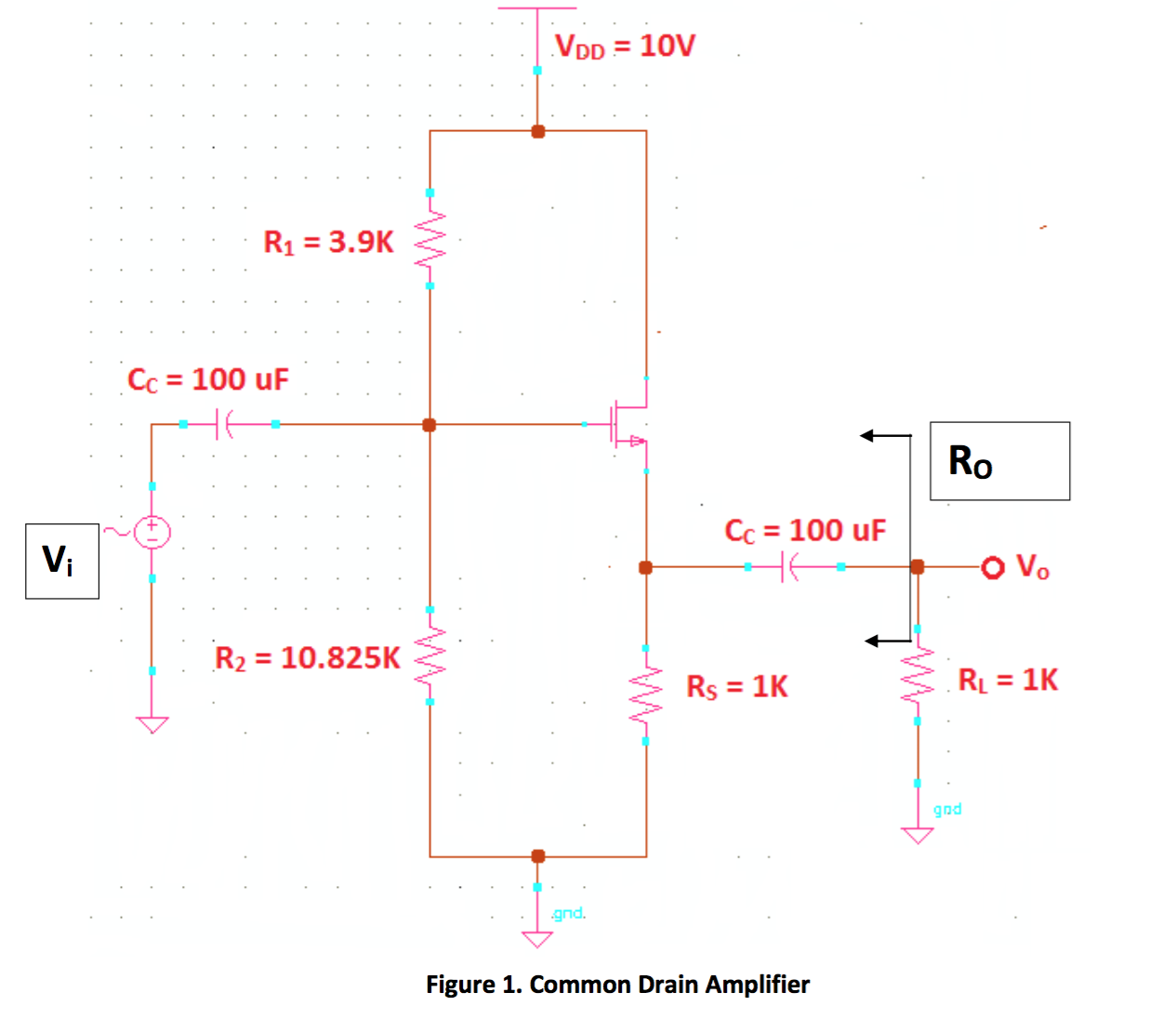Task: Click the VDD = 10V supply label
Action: pyautogui.click(x=624, y=46)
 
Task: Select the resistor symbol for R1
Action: pyautogui.click(x=429, y=239)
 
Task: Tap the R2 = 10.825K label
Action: pyautogui.click(x=307, y=658)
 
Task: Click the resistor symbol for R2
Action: pyautogui.click(x=429, y=655)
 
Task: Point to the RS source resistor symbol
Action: pyautogui.click(x=646, y=695)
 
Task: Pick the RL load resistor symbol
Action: pyautogui.click(x=918, y=675)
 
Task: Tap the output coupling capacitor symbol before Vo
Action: pyautogui.click(x=788, y=566)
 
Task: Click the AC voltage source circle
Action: pyautogui.click(x=152, y=532)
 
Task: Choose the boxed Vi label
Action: pyautogui.click(x=61, y=561)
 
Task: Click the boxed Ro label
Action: pyautogui.click(x=999, y=461)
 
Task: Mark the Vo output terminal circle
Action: pyautogui.click(x=993, y=567)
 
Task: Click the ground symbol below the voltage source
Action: pyautogui.click(x=152, y=724)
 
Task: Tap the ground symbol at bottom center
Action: pyautogui.click(x=537, y=937)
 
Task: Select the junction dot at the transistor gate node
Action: pyautogui.click(x=429, y=425)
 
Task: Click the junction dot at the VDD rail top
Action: pyautogui.click(x=537, y=131)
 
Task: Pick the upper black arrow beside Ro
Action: pyautogui.click(x=883, y=435)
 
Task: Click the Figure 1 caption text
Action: pyautogui.click(x=617, y=985)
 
